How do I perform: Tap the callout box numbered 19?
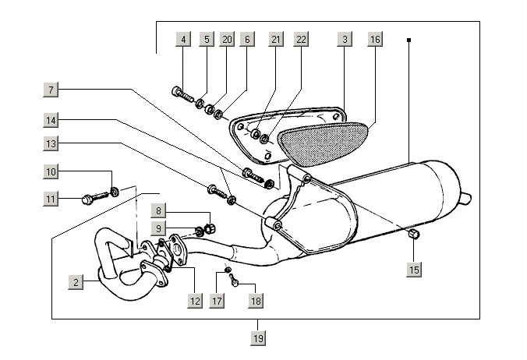pos(258,337)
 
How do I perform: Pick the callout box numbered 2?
pos(76,283)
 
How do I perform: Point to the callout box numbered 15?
pos(414,270)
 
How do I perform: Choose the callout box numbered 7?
pos(51,90)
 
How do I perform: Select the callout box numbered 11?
pos(51,199)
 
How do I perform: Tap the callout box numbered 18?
pos(254,300)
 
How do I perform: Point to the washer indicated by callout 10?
pos(115,190)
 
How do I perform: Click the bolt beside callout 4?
pos(182,96)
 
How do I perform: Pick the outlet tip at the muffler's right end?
pos(469,193)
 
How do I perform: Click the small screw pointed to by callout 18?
pos(235,283)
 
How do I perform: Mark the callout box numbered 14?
pos(51,121)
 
